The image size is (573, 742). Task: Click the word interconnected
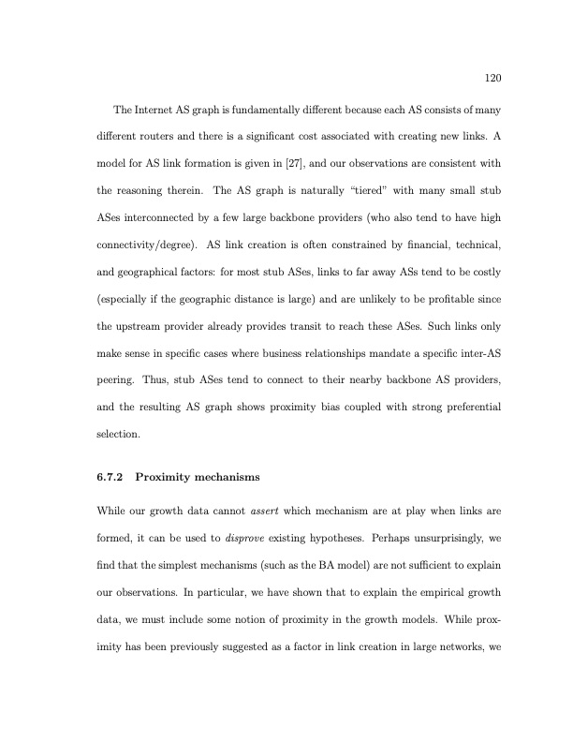coord(162,219)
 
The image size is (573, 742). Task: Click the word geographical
coord(151,272)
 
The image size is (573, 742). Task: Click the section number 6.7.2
coord(111,478)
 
